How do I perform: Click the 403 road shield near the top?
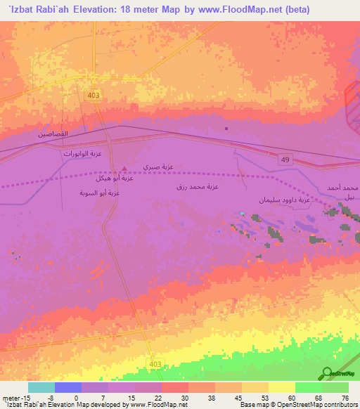tap(94, 94)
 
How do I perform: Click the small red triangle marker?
tap(124, 168)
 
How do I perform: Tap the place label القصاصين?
tap(54, 134)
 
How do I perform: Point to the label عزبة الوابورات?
tap(83, 152)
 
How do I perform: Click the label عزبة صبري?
tap(158, 167)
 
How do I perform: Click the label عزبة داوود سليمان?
tap(284, 200)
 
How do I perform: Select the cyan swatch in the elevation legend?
tap(41, 387)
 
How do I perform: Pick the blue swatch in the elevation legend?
tap(68, 387)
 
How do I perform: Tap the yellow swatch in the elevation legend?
tap(281, 387)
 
